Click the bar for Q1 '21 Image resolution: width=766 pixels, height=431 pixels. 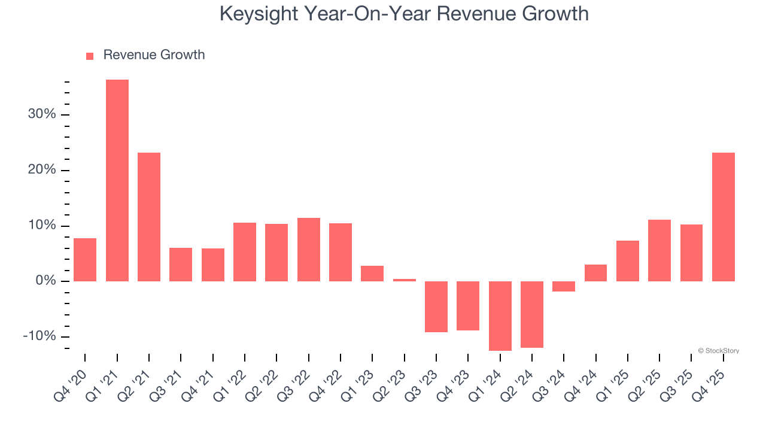[117, 180]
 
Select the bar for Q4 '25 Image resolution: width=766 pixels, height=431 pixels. [724, 217]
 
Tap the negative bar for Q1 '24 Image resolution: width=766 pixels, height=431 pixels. [500, 315]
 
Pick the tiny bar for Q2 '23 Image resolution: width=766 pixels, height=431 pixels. [405, 280]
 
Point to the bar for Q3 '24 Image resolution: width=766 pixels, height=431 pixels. [564, 286]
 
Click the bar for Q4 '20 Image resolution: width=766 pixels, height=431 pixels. [85, 259]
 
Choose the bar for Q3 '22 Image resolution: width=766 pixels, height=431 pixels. [309, 249]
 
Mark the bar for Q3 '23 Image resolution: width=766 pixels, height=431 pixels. [436, 306]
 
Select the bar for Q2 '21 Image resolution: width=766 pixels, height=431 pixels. [149, 217]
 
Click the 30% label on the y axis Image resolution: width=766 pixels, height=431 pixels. [42, 114]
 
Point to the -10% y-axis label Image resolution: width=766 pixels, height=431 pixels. [39, 336]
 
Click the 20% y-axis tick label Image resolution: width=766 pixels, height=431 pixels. [42, 170]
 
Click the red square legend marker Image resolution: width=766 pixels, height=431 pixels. [90, 56]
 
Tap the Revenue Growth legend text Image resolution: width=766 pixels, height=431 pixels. [154, 55]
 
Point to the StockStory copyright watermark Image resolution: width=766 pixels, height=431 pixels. [718, 351]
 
